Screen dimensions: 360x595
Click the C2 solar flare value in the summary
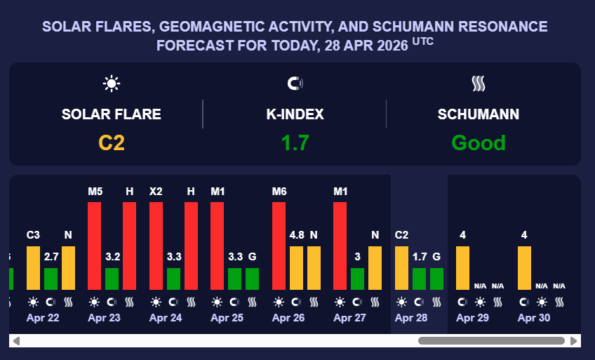(x=112, y=143)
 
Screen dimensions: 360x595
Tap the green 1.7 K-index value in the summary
(x=295, y=143)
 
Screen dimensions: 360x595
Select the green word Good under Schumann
(x=478, y=143)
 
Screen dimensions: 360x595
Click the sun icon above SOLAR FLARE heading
(x=112, y=84)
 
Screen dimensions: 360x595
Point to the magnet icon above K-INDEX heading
(x=295, y=84)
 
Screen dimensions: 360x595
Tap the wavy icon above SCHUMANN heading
(x=478, y=84)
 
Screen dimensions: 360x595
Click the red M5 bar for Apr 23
(x=95, y=246)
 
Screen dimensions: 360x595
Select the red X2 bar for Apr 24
(x=156, y=246)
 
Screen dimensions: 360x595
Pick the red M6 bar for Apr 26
(x=279, y=246)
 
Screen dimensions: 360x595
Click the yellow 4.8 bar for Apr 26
(x=296, y=267)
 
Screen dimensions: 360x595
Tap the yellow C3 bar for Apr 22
(x=33, y=267)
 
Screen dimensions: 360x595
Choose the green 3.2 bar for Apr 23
(x=112, y=279)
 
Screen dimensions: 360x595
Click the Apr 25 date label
(x=227, y=318)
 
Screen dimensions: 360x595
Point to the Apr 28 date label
(x=410, y=318)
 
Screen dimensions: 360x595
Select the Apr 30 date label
(x=533, y=318)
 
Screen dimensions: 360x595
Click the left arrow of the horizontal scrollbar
(x=16, y=341)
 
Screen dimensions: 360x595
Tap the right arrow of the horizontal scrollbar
(x=574, y=341)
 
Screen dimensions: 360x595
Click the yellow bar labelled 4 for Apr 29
(x=463, y=267)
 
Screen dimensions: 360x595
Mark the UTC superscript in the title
(x=422, y=42)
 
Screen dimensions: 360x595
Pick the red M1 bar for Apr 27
(x=340, y=246)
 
